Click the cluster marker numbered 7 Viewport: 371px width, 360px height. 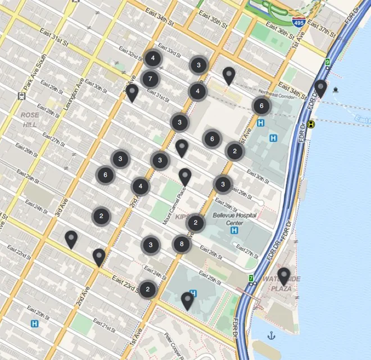click(x=150, y=79)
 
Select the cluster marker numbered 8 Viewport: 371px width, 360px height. click(x=181, y=244)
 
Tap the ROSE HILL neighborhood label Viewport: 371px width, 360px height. click(x=30, y=119)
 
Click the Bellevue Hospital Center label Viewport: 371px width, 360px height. click(x=234, y=218)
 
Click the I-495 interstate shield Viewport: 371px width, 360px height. click(x=299, y=22)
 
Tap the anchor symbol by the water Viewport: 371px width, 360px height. click(x=271, y=335)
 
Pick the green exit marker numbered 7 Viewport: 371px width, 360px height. click(x=251, y=278)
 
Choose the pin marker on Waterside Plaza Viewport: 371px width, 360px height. click(x=284, y=275)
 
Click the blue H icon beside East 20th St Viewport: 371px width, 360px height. click(x=35, y=324)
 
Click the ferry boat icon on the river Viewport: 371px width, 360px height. click(x=336, y=89)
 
